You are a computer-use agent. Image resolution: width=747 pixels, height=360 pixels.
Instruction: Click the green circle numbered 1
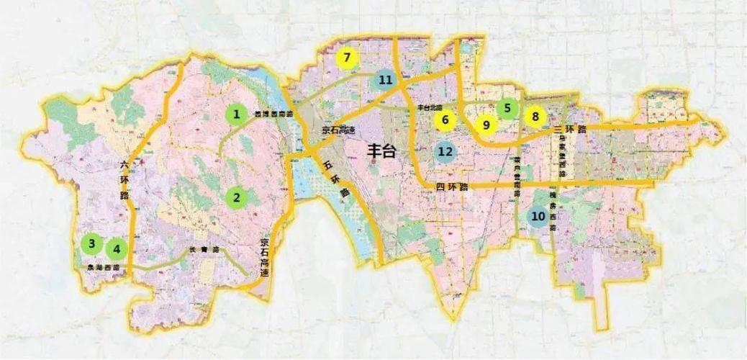(235, 114)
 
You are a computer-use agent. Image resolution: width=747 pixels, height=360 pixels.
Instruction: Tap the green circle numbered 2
(235, 197)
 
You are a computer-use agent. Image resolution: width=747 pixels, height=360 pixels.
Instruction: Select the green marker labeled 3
(91, 243)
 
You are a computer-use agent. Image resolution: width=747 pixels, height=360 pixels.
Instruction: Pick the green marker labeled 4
(116, 249)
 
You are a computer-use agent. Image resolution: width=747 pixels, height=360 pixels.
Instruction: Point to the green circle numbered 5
(507, 109)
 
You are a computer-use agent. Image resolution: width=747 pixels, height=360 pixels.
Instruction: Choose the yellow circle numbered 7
(348, 58)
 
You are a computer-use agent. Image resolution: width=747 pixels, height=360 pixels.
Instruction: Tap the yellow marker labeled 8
(535, 115)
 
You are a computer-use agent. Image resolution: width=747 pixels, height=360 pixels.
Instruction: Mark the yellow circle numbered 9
(486, 125)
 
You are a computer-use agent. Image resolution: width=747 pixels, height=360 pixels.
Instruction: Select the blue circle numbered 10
(538, 216)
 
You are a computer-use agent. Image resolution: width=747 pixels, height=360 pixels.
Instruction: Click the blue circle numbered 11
(386, 80)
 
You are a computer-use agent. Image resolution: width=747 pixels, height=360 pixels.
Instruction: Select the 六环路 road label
(124, 179)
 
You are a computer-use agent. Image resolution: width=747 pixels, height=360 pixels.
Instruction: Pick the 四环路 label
(451, 187)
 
